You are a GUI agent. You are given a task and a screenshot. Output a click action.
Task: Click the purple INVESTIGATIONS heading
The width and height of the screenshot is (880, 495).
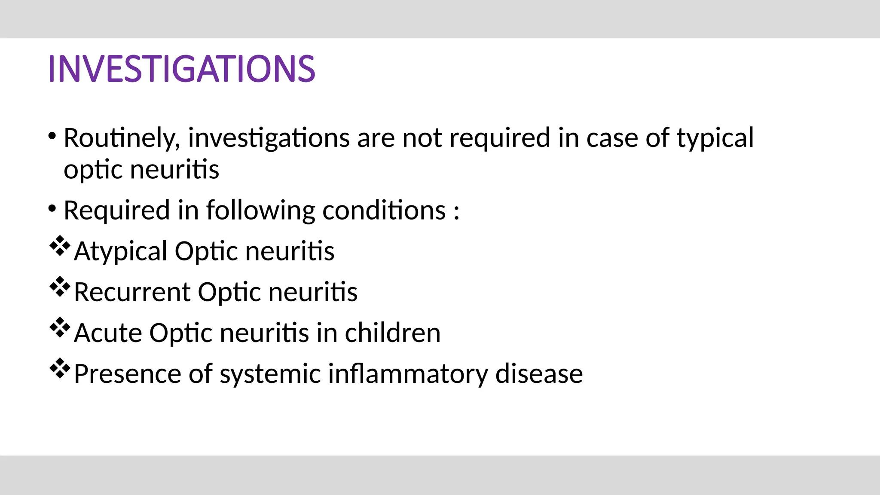[181, 69]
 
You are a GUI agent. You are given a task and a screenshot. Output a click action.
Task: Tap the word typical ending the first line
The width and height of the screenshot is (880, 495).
[715, 138]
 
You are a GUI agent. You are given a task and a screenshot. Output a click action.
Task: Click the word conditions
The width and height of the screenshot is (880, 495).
[384, 211]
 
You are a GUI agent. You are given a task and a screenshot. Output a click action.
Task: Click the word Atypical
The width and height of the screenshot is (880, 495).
[120, 252]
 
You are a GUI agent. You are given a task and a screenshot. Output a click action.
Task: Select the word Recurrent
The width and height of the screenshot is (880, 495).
[132, 292]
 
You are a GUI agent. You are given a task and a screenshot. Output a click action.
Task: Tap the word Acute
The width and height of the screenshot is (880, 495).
[108, 333]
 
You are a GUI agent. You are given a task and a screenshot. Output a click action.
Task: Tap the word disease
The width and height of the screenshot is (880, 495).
[539, 374]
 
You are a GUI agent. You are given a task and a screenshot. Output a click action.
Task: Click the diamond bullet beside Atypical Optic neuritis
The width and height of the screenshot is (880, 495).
[60, 246]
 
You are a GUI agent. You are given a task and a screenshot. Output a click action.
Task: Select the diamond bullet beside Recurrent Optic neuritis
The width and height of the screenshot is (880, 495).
[60, 287]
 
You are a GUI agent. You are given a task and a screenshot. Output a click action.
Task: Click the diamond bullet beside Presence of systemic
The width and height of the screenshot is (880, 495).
[60, 369]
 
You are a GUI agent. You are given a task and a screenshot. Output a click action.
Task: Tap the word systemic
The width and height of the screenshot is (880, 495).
[270, 374]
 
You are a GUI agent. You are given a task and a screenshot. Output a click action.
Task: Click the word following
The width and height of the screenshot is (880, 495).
[260, 211]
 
